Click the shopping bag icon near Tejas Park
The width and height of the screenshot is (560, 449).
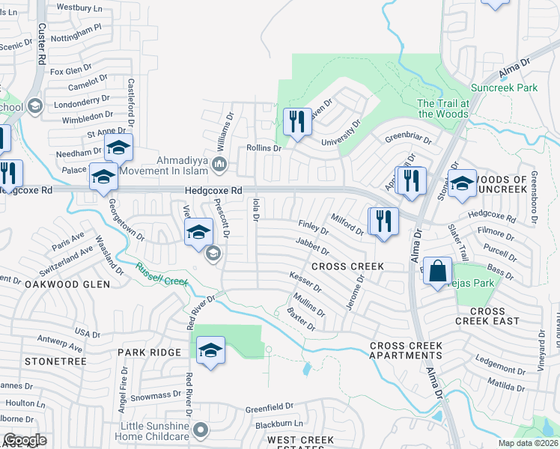click(437, 272)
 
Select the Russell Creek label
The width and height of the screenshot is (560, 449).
click(161, 275)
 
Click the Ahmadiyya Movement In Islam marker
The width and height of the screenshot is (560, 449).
click(220, 164)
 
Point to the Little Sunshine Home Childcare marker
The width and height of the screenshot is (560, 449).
click(200, 430)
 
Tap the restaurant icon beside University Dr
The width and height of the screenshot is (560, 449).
click(298, 121)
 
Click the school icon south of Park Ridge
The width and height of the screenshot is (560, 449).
click(211, 350)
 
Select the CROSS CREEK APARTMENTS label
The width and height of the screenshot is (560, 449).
click(406, 350)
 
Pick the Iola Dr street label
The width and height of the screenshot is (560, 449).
click(255, 210)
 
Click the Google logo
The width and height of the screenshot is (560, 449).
click(25, 440)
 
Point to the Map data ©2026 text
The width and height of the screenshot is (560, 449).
click(528, 443)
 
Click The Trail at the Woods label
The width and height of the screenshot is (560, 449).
click(443, 109)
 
